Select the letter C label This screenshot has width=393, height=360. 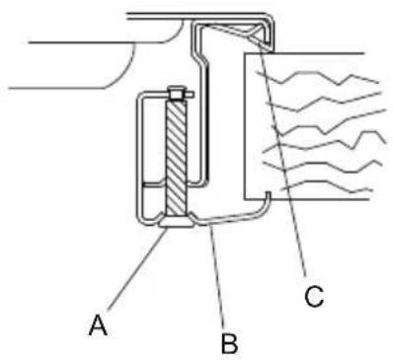pos(314,296)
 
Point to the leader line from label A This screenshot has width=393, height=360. pos(134,278)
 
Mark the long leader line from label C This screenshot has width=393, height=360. pos(287,168)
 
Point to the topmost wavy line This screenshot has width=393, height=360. pos(316,77)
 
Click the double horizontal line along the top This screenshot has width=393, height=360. pos(197,14)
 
